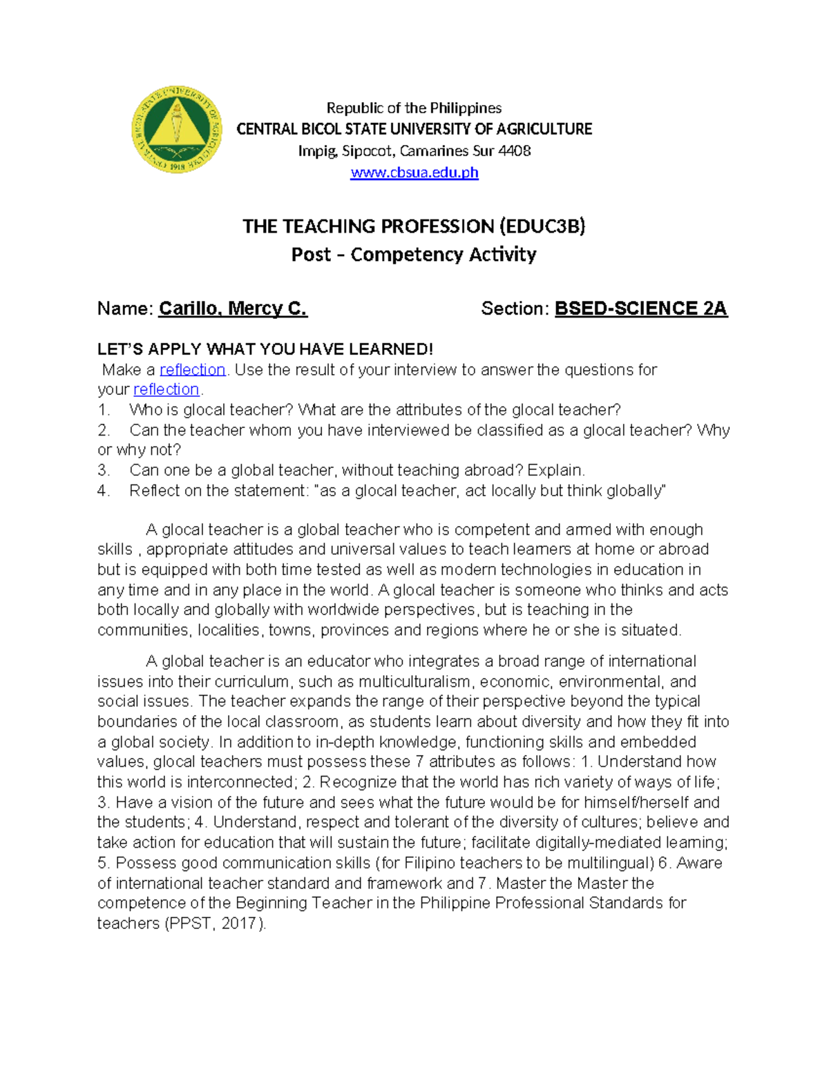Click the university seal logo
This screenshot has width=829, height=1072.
click(177, 130)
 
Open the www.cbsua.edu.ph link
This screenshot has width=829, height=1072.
click(414, 173)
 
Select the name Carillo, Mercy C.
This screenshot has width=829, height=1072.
click(233, 309)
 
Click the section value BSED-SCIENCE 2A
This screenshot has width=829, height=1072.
click(640, 309)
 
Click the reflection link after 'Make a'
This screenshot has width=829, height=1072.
click(193, 370)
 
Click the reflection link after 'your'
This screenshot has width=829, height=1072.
click(166, 389)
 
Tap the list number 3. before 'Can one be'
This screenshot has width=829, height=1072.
click(104, 471)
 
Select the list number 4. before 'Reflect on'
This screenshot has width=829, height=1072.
click(104, 491)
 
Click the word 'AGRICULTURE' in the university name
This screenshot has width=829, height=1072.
click(544, 129)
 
